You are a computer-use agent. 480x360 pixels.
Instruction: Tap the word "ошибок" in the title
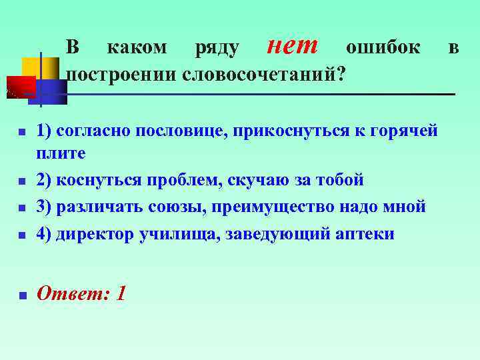(x=383, y=47)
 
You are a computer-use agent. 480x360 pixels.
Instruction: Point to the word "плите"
(x=61, y=154)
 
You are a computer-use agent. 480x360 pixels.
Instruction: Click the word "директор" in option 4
(x=96, y=233)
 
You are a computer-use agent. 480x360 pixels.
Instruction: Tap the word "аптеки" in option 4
(x=365, y=233)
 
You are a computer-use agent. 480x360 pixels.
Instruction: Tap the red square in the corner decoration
(x=20, y=87)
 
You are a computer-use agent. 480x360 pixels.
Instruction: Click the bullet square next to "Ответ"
(x=22, y=295)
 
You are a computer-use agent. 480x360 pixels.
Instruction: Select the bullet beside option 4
(x=22, y=235)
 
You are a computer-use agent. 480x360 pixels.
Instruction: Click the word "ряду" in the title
(x=217, y=48)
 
